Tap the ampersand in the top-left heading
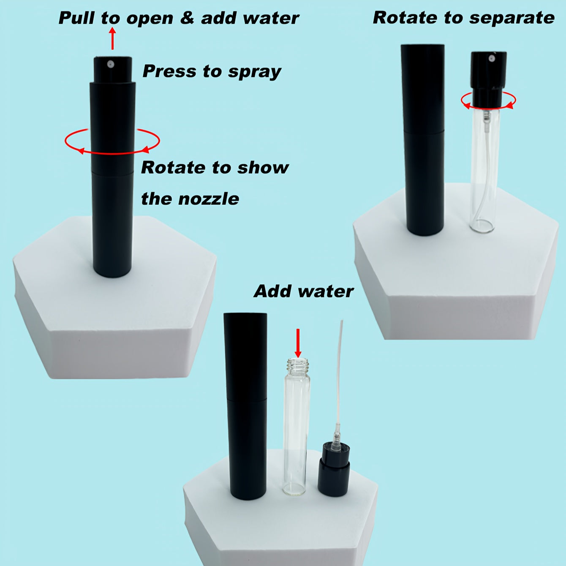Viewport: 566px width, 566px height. click(187, 18)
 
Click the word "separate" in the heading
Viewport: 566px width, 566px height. click(512, 18)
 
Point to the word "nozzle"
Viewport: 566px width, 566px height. click(209, 199)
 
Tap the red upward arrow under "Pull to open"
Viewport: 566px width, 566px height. click(112, 38)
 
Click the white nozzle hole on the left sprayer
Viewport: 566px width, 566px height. click(110, 63)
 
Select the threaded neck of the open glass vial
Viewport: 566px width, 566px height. click(297, 365)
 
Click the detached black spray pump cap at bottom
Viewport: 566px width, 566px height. click(334, 470)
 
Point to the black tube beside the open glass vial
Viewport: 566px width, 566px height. click(245, 406)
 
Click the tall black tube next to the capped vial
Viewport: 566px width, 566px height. click(423, 140)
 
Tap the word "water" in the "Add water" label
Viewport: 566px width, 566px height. click(326, 291)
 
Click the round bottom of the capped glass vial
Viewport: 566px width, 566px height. click(482, 226)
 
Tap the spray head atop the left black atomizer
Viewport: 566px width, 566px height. click(112, 70)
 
